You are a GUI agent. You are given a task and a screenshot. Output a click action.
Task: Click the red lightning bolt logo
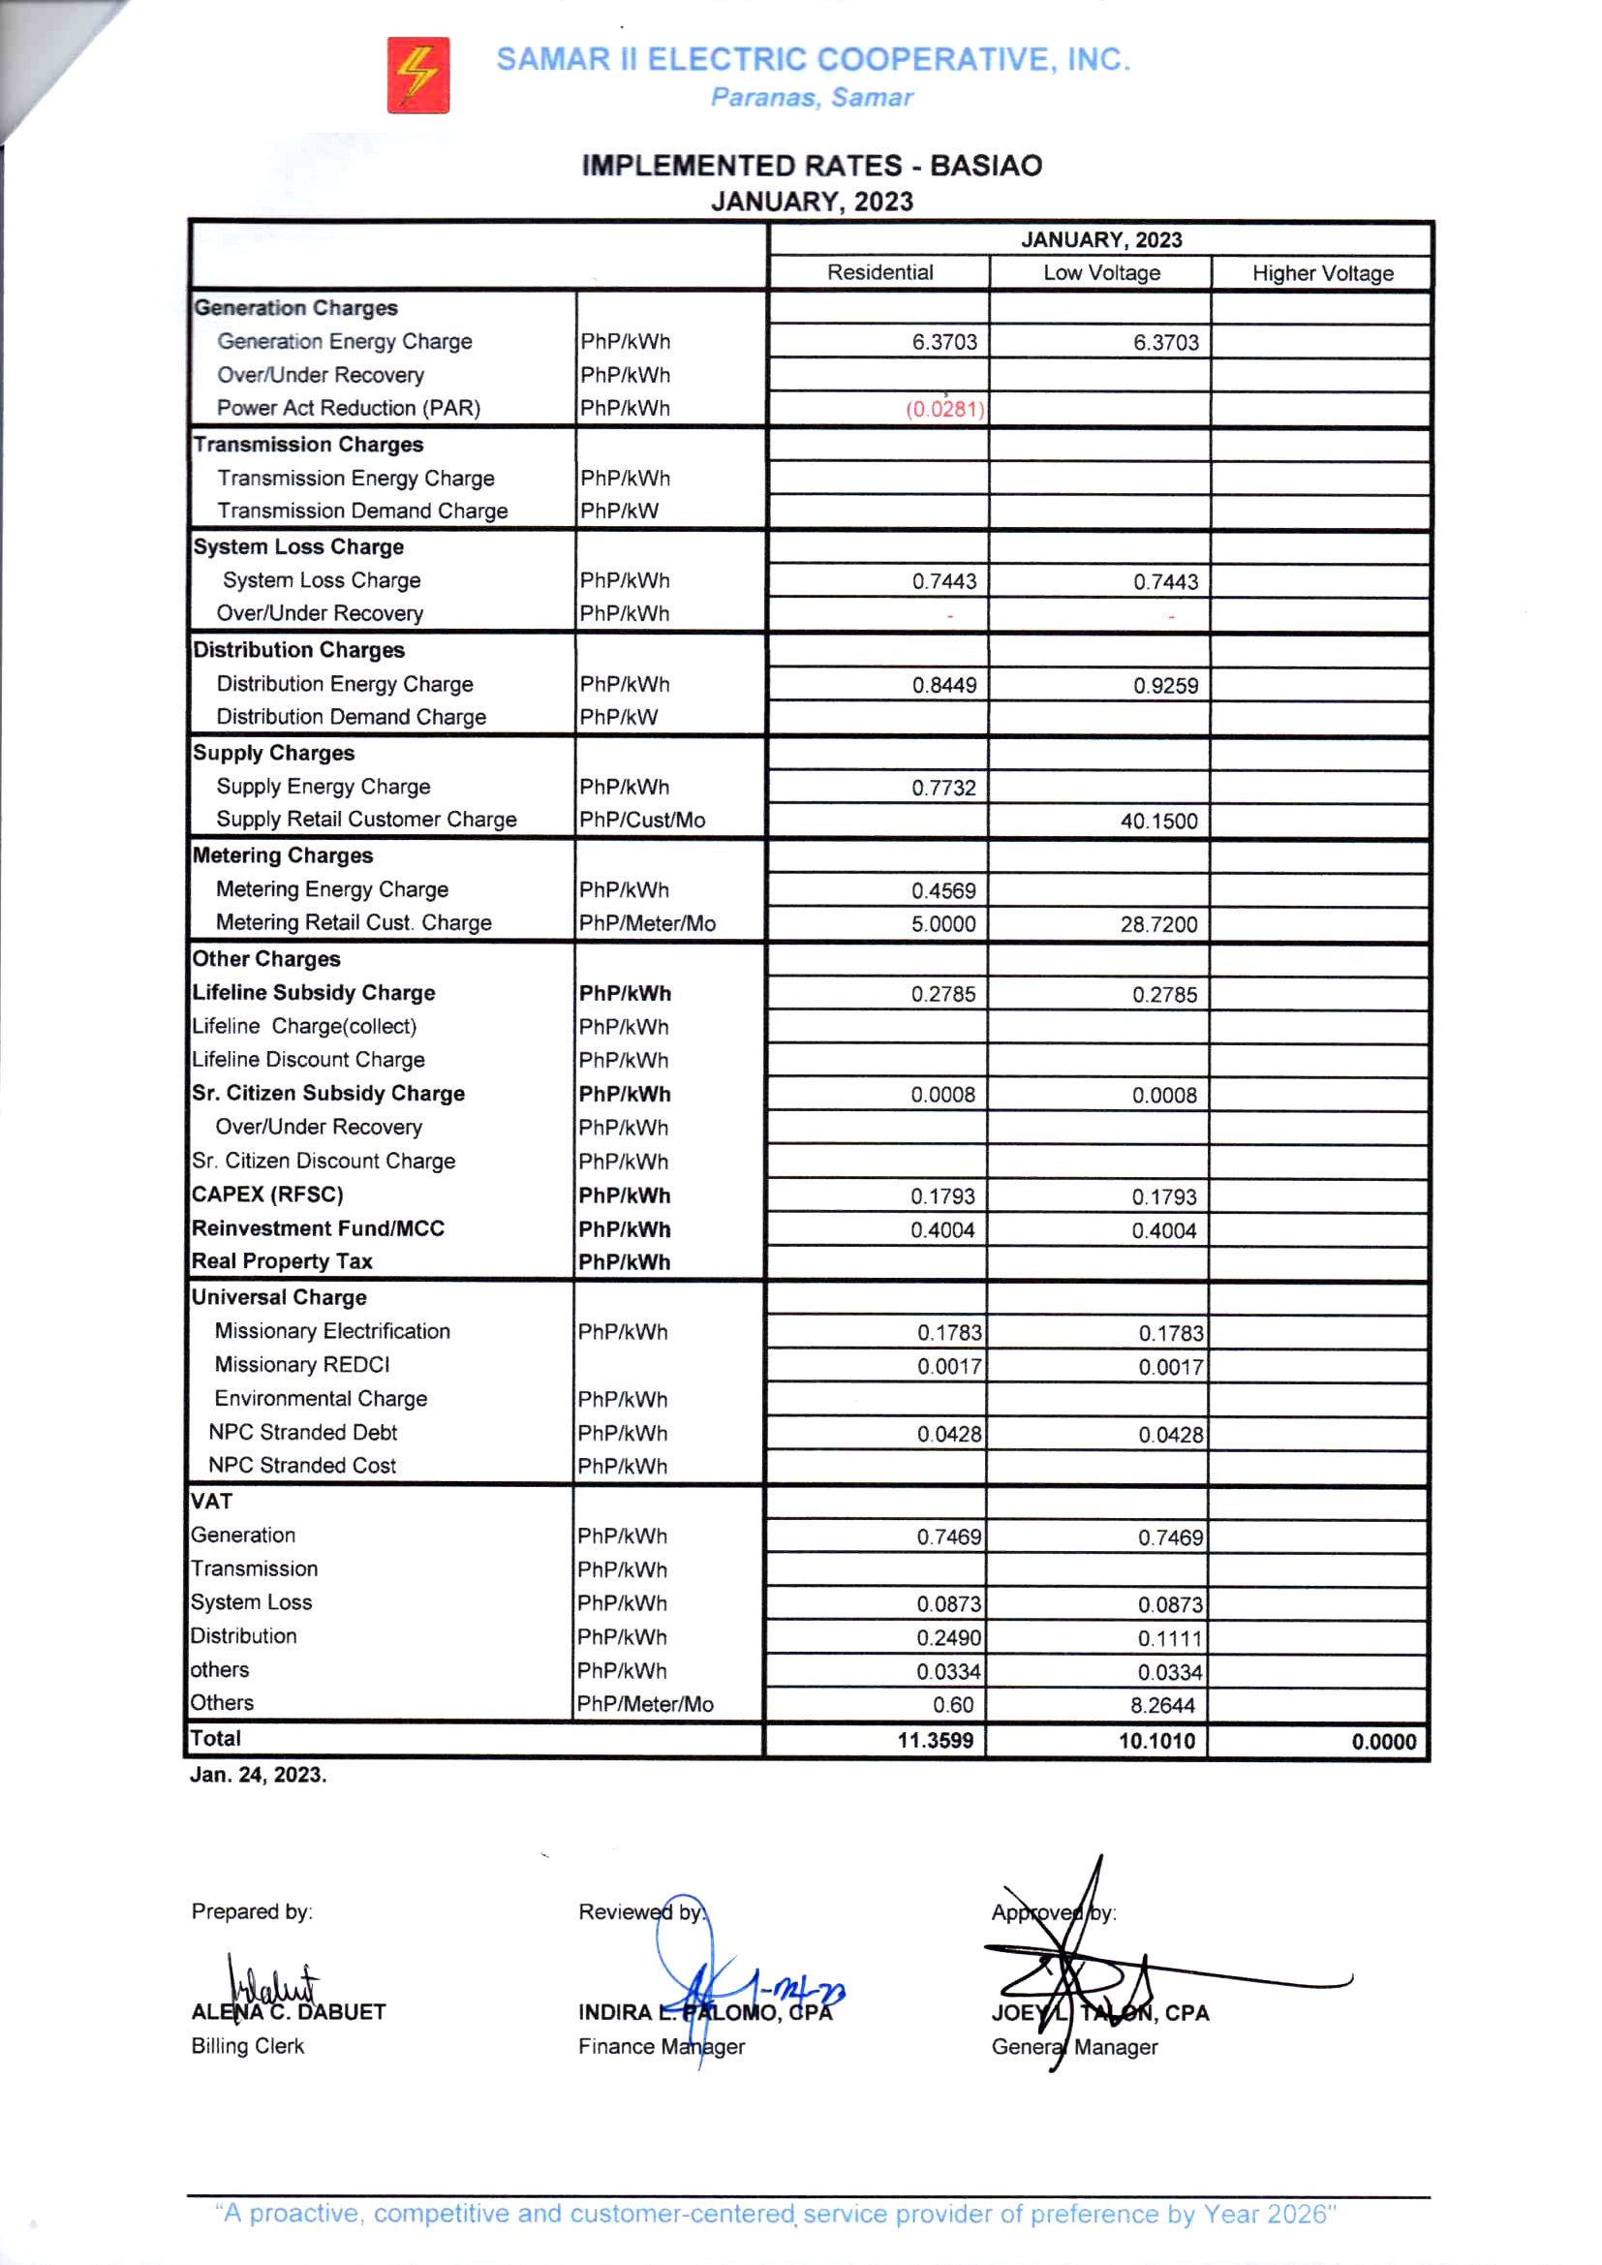(417, 75)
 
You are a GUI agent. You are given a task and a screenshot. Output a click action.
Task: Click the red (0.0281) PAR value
(944, 409)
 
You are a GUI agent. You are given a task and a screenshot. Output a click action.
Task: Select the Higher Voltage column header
(1322, 273)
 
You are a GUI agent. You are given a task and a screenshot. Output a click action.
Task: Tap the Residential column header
(878, 272)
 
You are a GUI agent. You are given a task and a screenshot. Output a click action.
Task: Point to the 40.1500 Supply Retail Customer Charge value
(1158, 821)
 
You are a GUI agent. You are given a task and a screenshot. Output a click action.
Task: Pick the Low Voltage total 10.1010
(1156, 1740)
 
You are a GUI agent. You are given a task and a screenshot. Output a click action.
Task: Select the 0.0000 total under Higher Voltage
(1383, 1741)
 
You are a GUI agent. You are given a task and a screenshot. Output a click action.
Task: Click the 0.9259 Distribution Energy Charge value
(1165, 686)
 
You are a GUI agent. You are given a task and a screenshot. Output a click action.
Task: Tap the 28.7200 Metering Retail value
(1158, 924)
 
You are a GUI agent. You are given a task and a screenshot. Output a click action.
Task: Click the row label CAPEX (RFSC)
(267, 1195)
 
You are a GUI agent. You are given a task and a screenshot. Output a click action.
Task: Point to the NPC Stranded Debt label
(302, 1432)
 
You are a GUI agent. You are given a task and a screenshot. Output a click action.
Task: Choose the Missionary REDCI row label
(302, 1364)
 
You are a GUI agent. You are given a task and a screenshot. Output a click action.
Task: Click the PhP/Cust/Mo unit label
(642, 820)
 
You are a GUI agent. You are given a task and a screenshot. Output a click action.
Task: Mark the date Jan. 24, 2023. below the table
(258, 1775)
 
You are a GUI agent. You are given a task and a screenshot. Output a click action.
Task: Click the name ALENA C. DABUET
(288, 2011)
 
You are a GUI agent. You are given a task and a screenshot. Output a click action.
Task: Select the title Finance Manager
(661, 2046)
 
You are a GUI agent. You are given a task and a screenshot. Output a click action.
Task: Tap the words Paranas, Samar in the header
(811, 98)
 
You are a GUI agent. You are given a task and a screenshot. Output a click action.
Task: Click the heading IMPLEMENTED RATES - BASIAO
(811, 165)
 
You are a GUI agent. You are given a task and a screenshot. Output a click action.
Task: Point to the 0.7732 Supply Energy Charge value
(943, 788)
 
